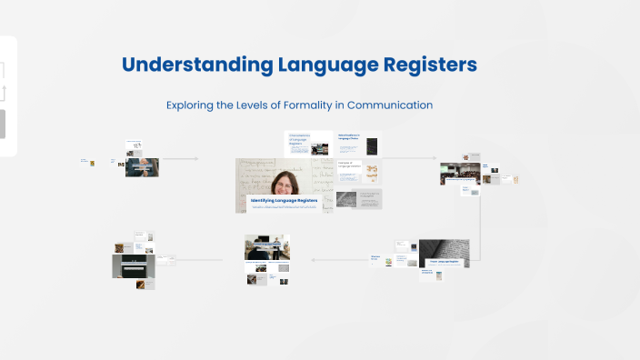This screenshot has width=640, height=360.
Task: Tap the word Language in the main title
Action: click(324, 65)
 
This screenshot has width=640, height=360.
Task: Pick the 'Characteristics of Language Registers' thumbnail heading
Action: click(299, 138)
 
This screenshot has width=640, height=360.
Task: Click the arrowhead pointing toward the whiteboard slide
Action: click(195, 159)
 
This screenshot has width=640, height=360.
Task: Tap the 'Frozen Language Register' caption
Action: click(443, 262)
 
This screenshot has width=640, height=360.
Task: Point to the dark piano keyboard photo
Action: click(129, 265)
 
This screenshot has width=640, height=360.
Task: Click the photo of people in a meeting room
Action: click(267, 245)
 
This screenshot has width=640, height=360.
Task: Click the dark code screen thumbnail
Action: click(372, 145)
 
